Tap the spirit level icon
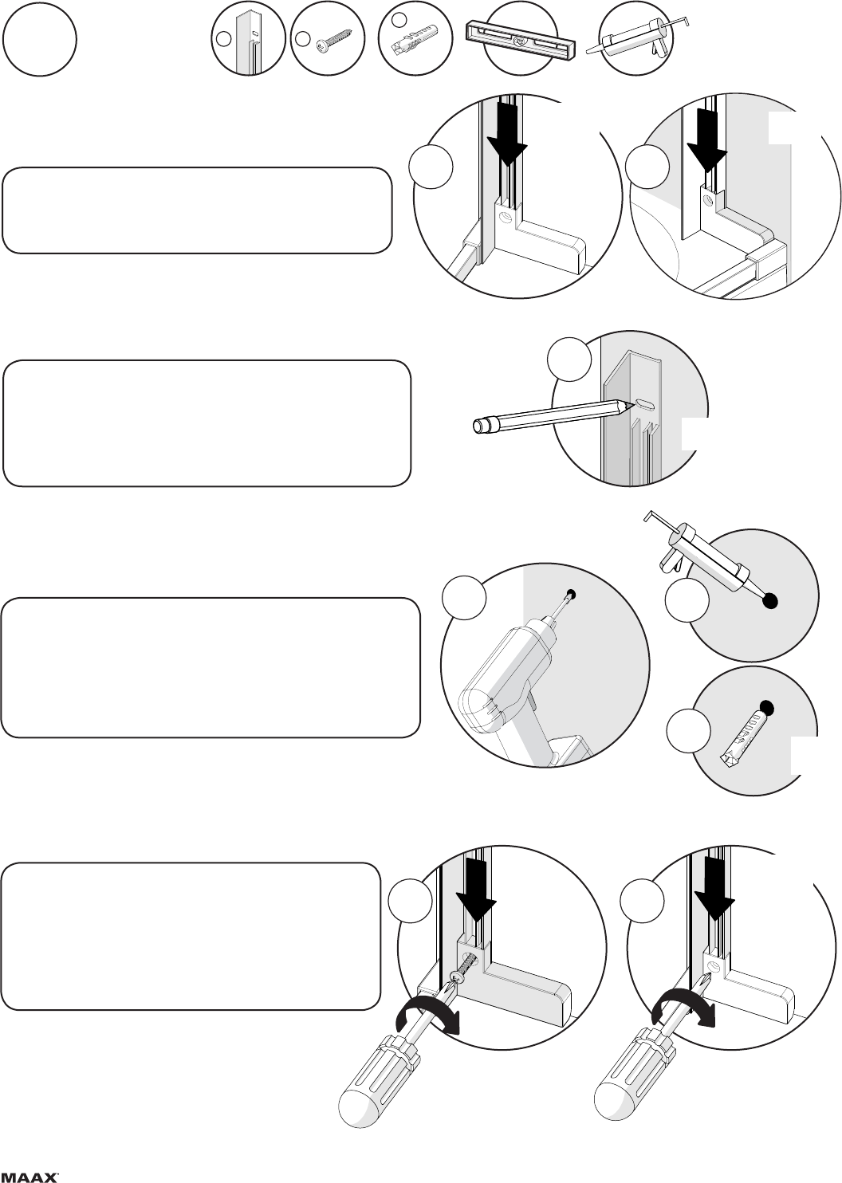click(x=521, y=41)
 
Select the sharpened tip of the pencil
click(x=630, y=406)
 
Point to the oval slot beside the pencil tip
click(x=647, y=405)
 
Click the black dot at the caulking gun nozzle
click(x=771, y=600)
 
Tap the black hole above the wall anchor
click(x=767, y=706)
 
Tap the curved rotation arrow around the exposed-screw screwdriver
click(x=428, y=1006)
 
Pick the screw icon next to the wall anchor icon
click(x=333, y=43)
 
